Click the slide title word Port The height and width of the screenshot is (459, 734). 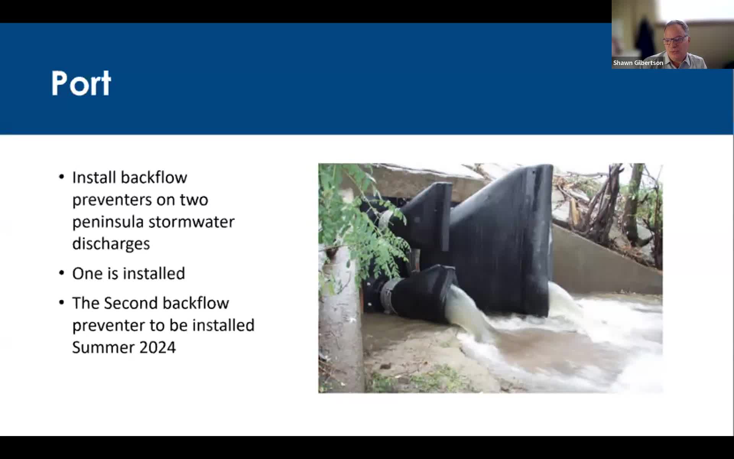click(x=81, y=83)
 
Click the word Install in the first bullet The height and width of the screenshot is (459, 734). click(x=94, y=177)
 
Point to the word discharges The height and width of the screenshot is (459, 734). click(x=111, y=244)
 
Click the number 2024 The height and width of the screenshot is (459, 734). click(x=158, y=347)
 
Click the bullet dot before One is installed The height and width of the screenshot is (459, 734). click(x=62, y=273)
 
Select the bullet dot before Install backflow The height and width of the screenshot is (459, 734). click(x=62, y=177)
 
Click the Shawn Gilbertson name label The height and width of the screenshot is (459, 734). click(x=638, y=63)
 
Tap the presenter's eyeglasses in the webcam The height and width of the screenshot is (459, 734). click(x=675, y=40)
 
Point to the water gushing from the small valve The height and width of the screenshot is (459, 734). click(x=466, y=314)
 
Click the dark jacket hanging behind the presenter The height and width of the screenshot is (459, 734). click(x=645, y=38)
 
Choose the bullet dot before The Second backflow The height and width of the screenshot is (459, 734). click(x=62, y=303)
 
